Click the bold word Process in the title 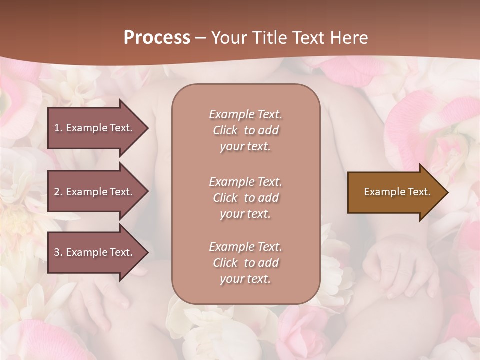[x=157, y=38]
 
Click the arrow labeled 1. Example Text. [x=95, y=128]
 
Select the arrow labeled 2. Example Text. [x=95, y=192]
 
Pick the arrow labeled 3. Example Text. [x=95, y=252]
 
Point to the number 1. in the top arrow [x=58, y=128]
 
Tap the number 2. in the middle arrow [x=58, y=192]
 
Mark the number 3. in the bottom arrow [x=58, y=252]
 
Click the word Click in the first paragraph [x=225, y=130]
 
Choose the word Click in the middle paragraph [x=225, y=198]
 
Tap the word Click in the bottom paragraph [x=225, y=263]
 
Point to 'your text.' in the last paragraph [x=245, y=279]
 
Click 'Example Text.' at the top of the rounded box [x=245, y=114]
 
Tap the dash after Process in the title [x=201, y=38]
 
